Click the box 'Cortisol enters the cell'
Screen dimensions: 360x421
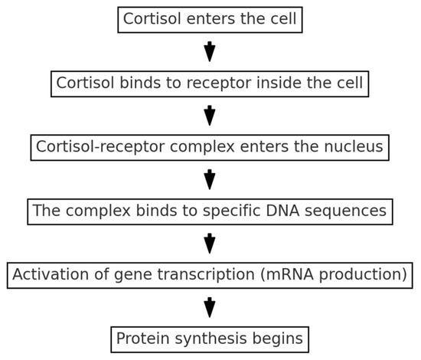click(x=210, y=19)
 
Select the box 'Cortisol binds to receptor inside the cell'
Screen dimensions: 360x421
click(x=210, y=83)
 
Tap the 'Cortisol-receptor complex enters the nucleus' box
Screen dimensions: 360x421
click(x=210, y=146)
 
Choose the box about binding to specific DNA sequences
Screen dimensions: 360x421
click(x=210, y=210)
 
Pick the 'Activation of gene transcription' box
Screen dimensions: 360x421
click(x=210, y=274)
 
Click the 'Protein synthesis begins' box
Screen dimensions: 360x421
click(x=210, y=338)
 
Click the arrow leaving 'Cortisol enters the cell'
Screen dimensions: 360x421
click(x=210, y=51)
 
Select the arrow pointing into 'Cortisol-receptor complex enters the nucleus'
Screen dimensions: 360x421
click(x=210, y=115)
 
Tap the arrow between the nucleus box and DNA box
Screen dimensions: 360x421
click(x=210, y=178)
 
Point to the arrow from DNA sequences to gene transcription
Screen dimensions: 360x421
click(x=210, y=242)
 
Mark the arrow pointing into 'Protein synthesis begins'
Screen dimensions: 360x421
click(x=210, y=306)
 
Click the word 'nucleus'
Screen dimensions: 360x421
click(x=354, y=146)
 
